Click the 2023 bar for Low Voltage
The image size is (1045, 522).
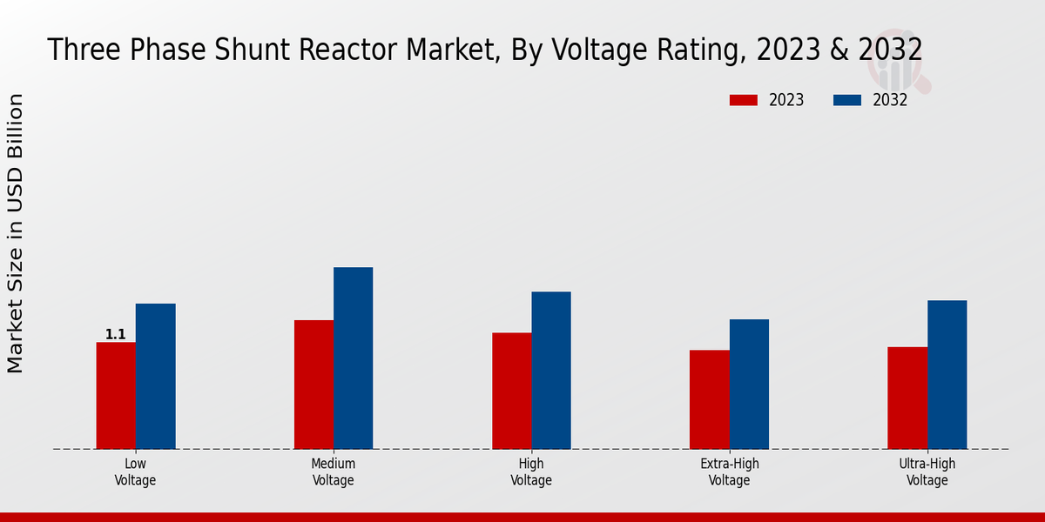[x=116, y=396]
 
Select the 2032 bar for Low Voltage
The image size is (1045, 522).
[x=155, y=376]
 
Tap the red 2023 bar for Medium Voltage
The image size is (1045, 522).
[x=313, y=385]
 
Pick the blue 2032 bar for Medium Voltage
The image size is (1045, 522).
[x=353, y=358]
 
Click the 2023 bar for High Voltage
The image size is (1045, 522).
[x=511, y=391]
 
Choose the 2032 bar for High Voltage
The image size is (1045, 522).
[x=551, y=370]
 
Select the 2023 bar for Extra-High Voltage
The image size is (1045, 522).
[x=709, y=399]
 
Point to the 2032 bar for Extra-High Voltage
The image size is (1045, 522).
[x=749, y=384]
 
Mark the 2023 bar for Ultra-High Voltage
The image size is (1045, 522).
[x=907, y=398]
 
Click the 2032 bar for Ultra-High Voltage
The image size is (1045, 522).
[x=947, y=374]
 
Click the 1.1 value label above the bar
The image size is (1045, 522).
[x=116, y=334]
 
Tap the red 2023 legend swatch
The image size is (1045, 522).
[x=744, y=100]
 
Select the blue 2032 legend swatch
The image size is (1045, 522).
[x=847, y=100]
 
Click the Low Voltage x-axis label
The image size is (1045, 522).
[x=135, y=472]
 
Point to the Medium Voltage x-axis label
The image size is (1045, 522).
[x=334, y=472]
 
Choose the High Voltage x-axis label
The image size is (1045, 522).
[x=531, y=472]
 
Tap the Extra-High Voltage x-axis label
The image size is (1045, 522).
[x=730, y=472]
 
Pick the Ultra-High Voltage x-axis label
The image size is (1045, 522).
[x=927, y=472]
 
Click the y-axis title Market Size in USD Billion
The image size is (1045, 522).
[x=16, y=233]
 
